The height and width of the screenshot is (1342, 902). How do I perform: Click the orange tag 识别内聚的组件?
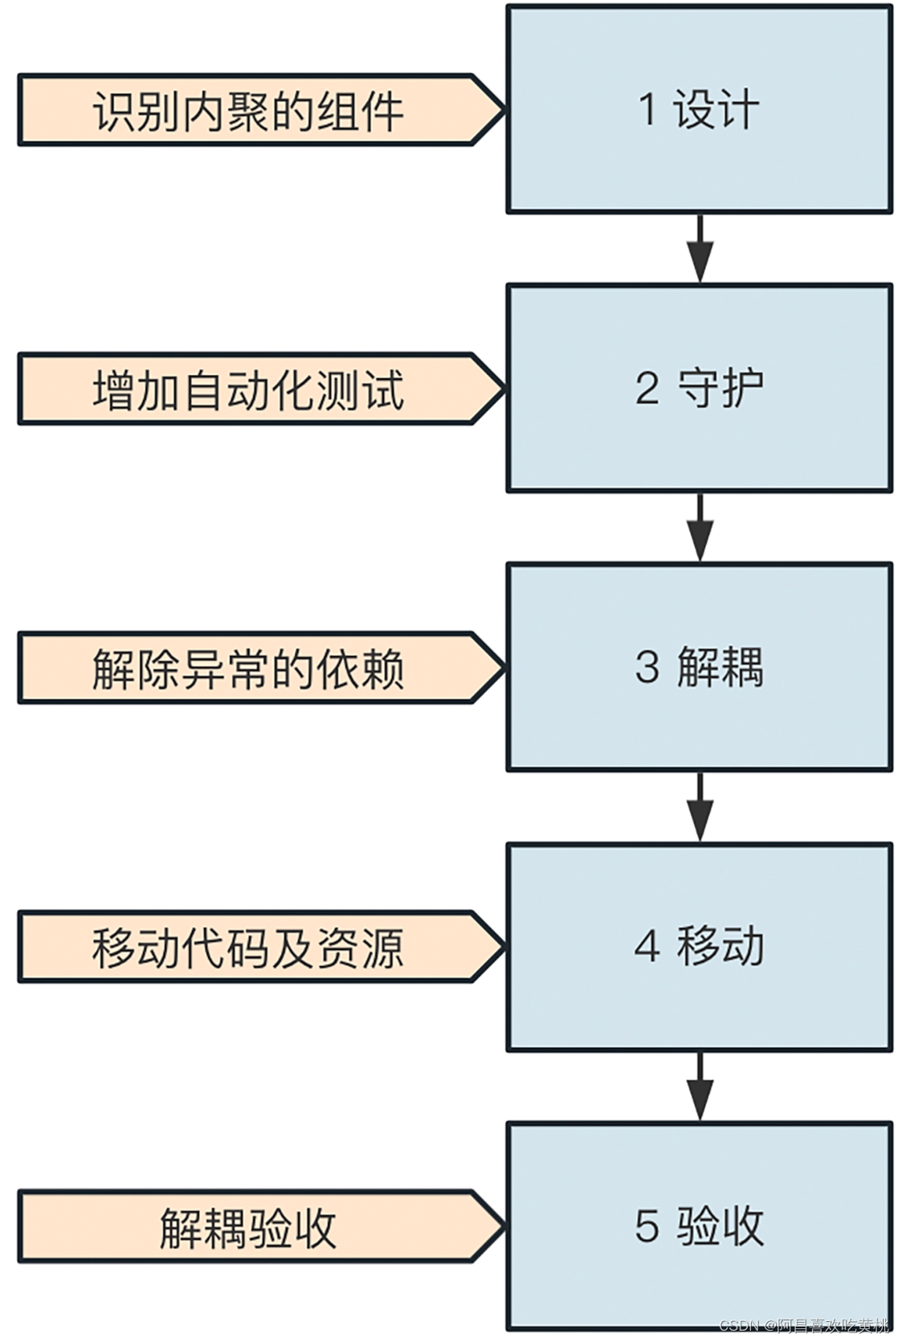[x=247, y=110]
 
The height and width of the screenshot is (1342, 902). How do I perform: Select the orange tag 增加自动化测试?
[x=247, y=389]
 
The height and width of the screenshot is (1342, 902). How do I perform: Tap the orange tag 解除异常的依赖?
[x=247, y=667]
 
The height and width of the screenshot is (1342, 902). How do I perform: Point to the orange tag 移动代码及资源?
[x=247, y=947]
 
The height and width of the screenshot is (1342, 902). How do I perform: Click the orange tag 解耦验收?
[x=247, y=1226]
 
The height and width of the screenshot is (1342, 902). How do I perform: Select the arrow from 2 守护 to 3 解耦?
[x=700, y=528]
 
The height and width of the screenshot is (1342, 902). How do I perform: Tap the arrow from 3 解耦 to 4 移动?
[x=700, y=807]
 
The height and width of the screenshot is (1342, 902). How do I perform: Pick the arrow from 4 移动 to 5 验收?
[x=700, y=1087]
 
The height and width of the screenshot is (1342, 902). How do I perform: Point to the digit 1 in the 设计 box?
[x=647, y=108]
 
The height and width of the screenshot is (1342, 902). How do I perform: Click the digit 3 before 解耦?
[x=647, y=667]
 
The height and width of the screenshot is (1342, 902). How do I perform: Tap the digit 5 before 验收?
[x=647, y=1226]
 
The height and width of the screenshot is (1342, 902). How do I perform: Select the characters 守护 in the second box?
[x=720, y=388]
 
